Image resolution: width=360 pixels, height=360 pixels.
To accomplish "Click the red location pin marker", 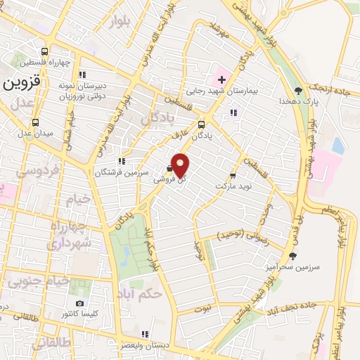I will click(181, 165).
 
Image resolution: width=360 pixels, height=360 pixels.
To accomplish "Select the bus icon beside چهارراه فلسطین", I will click(45, 52).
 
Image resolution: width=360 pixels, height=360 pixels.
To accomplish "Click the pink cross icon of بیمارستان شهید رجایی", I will click(222, 79).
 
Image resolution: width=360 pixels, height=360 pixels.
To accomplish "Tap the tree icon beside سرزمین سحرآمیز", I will click(292, 256).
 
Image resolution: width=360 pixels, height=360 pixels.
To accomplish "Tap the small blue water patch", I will click(338, 146).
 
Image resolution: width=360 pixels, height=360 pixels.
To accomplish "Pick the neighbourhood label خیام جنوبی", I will click(37, 281).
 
